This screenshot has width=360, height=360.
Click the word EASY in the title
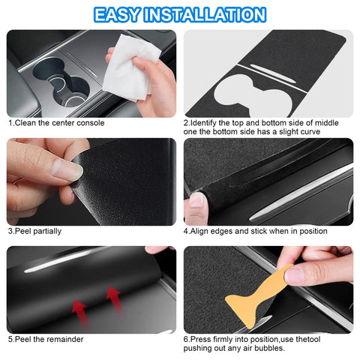[121, 14]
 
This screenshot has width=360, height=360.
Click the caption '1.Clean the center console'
[56, 123]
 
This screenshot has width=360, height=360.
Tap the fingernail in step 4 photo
[196, 200]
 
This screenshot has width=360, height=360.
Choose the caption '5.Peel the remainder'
[46, 339]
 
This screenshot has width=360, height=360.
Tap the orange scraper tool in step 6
[264, 298]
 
